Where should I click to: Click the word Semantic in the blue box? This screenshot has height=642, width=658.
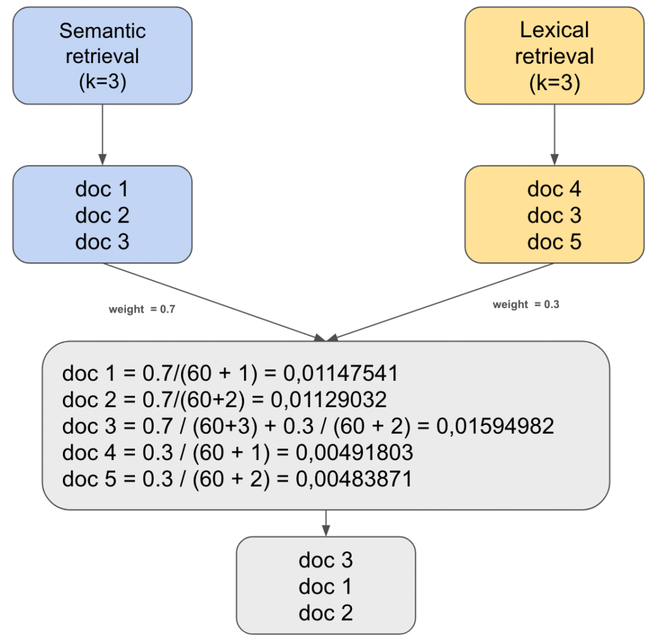102,30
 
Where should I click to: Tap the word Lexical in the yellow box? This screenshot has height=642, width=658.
554,30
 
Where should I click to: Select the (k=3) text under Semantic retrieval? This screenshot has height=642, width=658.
102,82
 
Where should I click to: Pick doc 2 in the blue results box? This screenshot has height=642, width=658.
102,215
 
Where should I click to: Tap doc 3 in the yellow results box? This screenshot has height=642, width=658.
554,215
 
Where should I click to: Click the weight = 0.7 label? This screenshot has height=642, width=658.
142,309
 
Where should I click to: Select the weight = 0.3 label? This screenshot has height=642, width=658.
526,304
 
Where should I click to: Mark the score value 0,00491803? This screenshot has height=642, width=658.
354,453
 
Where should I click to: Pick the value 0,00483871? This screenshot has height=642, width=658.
353,480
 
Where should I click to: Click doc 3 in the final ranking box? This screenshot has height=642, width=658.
326,560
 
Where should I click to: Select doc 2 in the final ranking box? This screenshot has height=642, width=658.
326,613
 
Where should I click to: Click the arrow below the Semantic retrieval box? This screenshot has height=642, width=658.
102,134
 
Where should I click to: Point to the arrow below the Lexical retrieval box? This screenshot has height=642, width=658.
554,134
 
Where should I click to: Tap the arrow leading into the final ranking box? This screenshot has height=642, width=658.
326,523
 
